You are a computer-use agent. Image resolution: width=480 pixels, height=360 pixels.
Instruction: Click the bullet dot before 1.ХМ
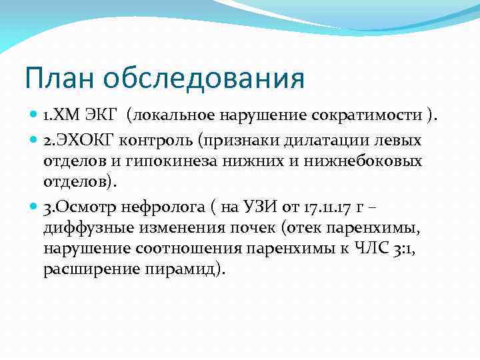[34, 116]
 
